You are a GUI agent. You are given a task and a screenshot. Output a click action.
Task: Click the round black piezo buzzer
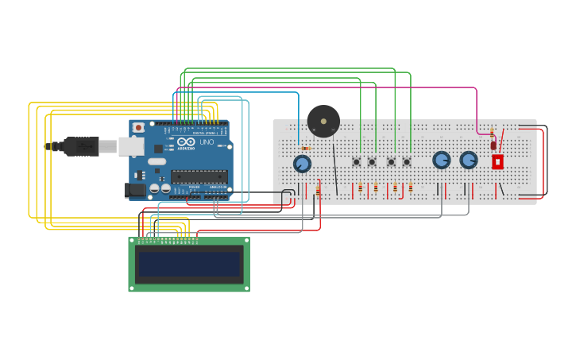323,121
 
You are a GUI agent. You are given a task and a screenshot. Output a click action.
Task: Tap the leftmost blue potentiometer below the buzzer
302,164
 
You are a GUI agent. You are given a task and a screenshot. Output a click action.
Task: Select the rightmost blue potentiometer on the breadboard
469,160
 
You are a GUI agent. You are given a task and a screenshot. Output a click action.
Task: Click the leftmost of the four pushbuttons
356,162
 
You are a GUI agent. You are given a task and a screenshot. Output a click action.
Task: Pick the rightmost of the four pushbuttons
407,162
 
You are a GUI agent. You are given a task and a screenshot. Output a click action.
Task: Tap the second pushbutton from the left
372,162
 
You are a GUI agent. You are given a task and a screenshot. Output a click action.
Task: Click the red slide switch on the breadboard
497,161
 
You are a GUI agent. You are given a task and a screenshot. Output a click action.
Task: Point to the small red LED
493,145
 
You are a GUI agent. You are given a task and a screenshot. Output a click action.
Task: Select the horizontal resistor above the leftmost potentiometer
306,148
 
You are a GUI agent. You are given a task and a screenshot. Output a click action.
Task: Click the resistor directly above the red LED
492,132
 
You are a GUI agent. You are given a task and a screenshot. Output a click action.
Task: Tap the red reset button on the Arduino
138,127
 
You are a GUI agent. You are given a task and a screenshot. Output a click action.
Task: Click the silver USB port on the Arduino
130,146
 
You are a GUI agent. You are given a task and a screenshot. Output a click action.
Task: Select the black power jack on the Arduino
135,190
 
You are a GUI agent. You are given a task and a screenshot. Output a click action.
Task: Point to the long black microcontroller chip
199,176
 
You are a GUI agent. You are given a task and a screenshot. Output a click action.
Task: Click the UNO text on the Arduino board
206,142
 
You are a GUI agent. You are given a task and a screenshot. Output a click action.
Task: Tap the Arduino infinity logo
186,141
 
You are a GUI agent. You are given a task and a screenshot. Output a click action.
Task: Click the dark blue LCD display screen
189,264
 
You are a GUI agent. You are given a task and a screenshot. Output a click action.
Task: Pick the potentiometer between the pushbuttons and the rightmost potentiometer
442,160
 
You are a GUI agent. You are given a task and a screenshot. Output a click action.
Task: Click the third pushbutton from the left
391,162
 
